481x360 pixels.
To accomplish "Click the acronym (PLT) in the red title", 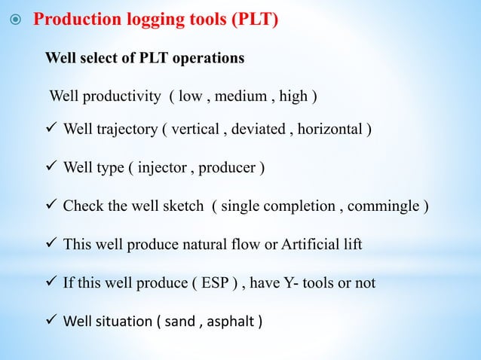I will click(x=251, y=19).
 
